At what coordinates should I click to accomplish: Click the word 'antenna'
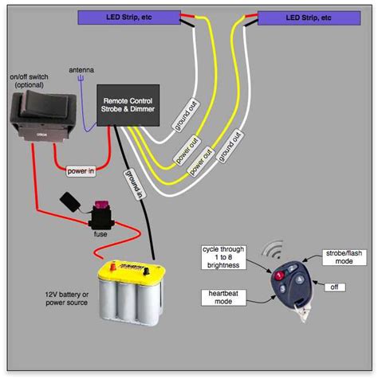(x=81, y=70)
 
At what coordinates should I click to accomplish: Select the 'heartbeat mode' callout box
(x=220, y=298)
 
